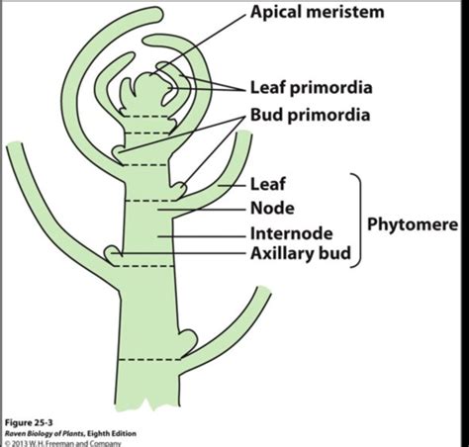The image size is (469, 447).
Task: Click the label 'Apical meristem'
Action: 318,12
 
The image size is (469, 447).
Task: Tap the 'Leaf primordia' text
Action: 312,88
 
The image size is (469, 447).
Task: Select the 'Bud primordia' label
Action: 310,116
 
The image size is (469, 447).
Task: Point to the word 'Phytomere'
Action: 413,224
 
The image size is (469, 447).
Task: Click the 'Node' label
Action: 272,209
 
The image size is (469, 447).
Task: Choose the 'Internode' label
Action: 292,233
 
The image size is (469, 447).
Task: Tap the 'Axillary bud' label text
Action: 301,254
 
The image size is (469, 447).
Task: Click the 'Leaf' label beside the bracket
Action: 268,184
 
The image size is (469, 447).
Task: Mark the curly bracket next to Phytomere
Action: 357,221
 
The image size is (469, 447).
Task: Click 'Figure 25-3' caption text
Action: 29,423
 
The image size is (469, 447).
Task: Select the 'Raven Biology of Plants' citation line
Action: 70,433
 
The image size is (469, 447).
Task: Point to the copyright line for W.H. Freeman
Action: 62,443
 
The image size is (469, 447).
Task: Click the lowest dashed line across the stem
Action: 149,360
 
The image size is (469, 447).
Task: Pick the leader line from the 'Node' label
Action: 202,210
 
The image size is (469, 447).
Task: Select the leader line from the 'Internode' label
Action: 202,236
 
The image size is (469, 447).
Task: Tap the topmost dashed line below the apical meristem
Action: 145,116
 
